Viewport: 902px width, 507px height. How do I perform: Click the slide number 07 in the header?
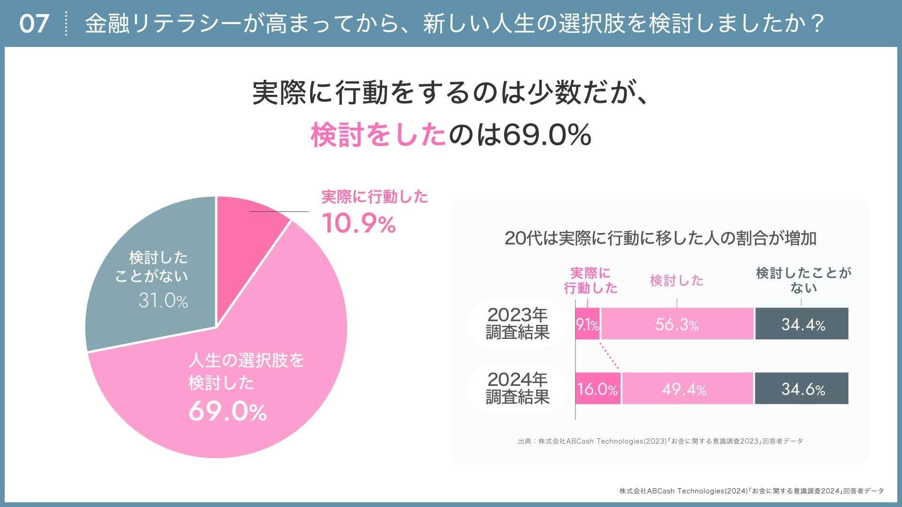pyautogui.click(x=34, y=24)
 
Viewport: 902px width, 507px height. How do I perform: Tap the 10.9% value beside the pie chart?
pyautogui.click(x=359, y=224)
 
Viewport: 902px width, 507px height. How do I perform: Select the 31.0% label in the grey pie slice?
pyautogui.click(x=163, y=301)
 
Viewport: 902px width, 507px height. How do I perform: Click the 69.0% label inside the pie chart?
pyautogui.click(x=227, y=412)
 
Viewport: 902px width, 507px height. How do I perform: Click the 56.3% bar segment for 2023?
pyautogui.click(x=677, y=324)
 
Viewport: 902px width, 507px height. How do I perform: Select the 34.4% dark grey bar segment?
pyautogui.click(x=802, y=324)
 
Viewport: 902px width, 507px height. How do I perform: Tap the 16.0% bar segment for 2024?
pyautogui.click(x=598, y=389)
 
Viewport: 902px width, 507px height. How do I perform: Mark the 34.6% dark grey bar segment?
pyautogui.click(x=802, y=389)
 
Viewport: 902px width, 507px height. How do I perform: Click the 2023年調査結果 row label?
pyautogui.click(x=518, y=323)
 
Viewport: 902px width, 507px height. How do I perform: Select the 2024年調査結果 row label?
pyautogui.click(x=518, y=388)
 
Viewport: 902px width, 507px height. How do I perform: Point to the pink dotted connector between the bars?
pyautogui.click(x=610, y=357)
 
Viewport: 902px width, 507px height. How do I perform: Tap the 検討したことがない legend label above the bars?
pyautogui.click(x=803, y=280)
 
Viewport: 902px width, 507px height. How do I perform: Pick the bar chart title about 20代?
pyautogui.click(x=661, y=238)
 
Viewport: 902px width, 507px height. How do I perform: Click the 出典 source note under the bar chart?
pyautogui.click(x=661, y=441)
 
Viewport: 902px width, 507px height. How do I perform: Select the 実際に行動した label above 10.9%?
pyautogui.click(x=374, y=197)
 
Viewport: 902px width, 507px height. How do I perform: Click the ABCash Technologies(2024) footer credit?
pyautogui.click(x=751, y=491)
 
